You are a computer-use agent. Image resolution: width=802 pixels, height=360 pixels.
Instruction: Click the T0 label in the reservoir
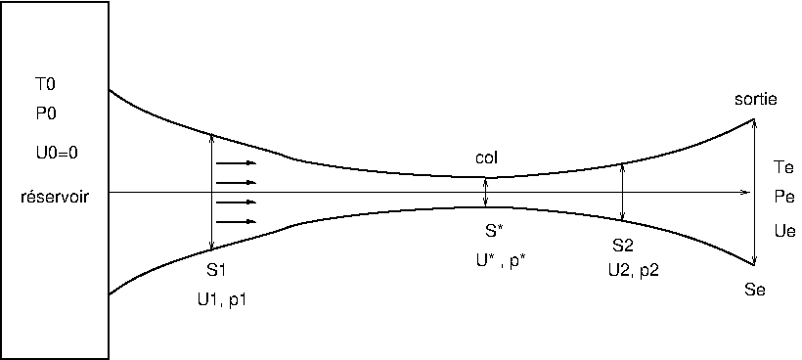[x=46, y=84]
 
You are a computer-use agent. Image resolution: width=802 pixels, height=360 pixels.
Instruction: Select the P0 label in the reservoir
[x=46, y=113]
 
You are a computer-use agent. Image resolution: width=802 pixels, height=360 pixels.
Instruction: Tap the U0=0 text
[x=57, y=153]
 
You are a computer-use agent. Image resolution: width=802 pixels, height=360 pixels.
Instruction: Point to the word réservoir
[x=55, y=197]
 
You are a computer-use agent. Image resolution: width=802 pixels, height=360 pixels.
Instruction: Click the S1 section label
[x=216, y=270]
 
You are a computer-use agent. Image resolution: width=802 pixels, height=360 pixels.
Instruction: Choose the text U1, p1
[x=221, y=300]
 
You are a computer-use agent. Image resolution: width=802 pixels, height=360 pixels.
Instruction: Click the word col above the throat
[x=486, y=158]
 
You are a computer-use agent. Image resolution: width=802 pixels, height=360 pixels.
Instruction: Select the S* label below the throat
[x=494, y=231]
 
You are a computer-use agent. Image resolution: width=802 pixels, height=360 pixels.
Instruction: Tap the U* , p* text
[x=501, y=260]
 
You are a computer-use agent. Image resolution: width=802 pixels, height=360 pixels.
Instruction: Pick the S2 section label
[x=623, y=246]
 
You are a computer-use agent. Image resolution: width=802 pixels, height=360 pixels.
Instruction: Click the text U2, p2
[x=634, y=271]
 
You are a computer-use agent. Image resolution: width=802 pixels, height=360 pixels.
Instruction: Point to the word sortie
[x=755, y=99]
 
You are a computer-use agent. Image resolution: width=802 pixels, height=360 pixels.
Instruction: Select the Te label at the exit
[x=784, y=167]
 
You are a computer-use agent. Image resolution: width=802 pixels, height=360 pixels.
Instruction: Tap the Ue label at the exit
[x=785, y=231]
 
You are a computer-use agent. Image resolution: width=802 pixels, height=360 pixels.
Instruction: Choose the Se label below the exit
[x=755, y=290]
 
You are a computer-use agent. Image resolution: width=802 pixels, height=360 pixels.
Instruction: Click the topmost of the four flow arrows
[x=236, y=163]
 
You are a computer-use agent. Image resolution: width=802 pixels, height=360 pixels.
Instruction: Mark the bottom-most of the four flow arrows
[x=236, y=221]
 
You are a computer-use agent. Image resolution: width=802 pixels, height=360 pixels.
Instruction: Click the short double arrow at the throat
[x=486, y=193]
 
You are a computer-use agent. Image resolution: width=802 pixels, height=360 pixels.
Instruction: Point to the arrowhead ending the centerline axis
[x=746, y=193]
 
